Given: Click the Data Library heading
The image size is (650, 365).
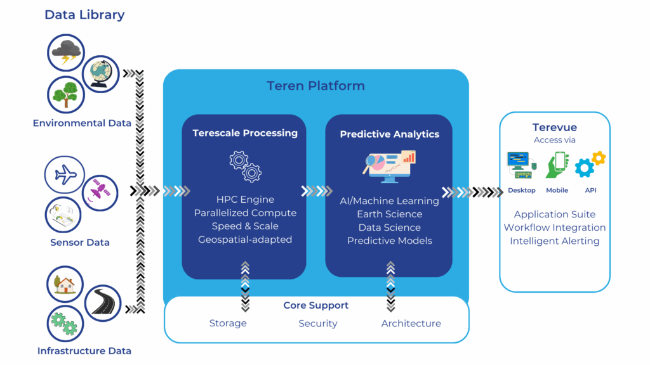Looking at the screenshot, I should pyautogui.click(x=84, y=15).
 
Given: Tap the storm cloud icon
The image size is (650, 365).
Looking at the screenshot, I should pyautogui.click(x=66, y=53).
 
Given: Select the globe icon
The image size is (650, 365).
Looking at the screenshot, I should pyautogui.click(x=100, y=73).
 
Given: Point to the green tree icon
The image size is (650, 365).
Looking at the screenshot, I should pyautogui.click(x=66, y=94).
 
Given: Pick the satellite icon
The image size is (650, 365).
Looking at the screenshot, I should pyautogui.click(x=100, y=191).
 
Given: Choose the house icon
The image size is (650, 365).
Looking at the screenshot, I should pyautogui.click(x=65, y=286).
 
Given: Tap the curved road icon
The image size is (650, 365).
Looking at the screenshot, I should pyautogui.click(x=102, y=302).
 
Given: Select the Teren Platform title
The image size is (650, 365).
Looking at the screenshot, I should pyautogui.click(x=315, y=86).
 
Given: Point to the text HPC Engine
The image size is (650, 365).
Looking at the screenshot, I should pyautogui.click(x=245, y=200).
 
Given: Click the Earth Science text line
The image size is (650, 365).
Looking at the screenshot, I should pyautogui.click(x=389, y=214).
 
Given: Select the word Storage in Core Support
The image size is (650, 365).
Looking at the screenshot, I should pyautogui.click(x=228, y=323).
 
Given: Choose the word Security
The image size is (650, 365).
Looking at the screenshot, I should pyautogui.click(x=318, y=323).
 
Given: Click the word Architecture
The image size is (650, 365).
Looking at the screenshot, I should pyautogui.click(x=411, y=323).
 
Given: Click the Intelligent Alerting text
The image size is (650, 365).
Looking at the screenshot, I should pyautogui.click(x=554, y=241).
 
